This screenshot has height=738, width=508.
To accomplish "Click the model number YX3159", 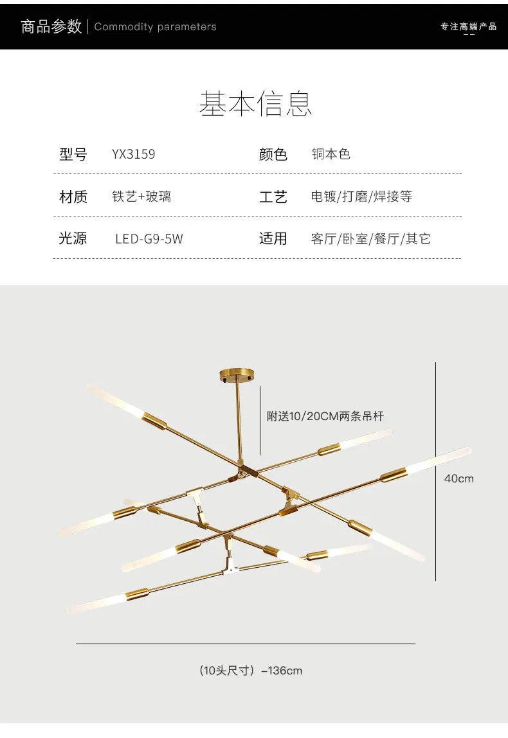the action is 133,154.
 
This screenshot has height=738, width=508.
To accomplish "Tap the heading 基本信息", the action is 255,103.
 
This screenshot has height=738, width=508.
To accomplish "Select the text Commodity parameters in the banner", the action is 155,27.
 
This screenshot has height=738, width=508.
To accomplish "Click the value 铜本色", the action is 331,154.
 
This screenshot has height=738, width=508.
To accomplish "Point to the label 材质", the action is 73,197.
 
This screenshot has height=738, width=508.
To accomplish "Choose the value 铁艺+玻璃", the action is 141,197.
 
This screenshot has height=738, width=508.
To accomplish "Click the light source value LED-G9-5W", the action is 149,239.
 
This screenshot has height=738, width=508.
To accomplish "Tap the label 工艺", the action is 273,197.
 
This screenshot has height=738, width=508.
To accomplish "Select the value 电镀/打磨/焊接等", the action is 361,197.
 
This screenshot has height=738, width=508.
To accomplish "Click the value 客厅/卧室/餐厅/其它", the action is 370,239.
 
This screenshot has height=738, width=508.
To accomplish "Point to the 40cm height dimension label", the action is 458,479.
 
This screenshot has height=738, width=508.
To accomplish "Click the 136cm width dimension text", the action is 250,671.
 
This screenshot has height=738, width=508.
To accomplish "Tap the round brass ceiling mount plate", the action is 237,374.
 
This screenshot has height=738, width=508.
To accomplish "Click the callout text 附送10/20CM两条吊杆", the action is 325,416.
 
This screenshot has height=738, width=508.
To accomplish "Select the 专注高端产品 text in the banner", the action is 468,27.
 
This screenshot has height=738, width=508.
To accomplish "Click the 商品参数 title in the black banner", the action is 51,26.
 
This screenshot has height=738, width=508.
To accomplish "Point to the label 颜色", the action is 273,154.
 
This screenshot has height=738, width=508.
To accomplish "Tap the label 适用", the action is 273,238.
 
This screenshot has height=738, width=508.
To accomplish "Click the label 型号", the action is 73,154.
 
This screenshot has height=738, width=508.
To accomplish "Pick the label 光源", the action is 73,238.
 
